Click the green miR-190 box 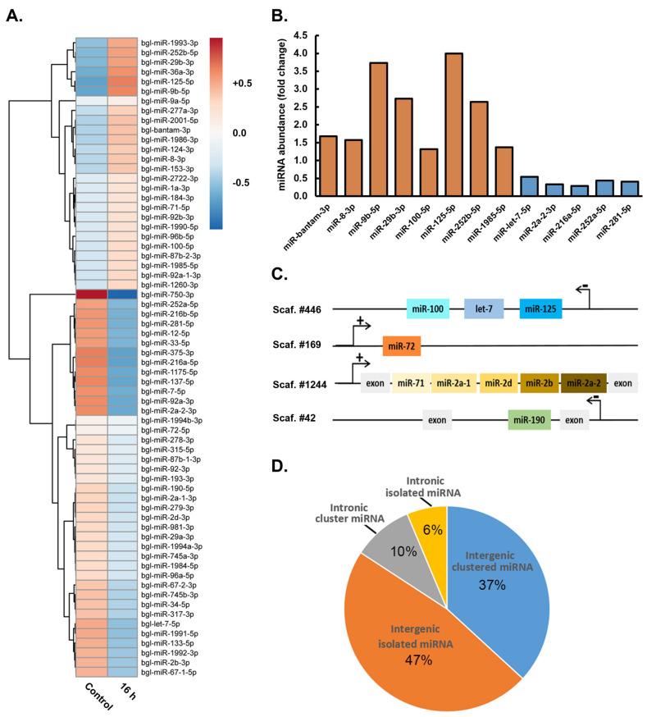point(529,421)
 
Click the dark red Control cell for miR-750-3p point(91,294)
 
